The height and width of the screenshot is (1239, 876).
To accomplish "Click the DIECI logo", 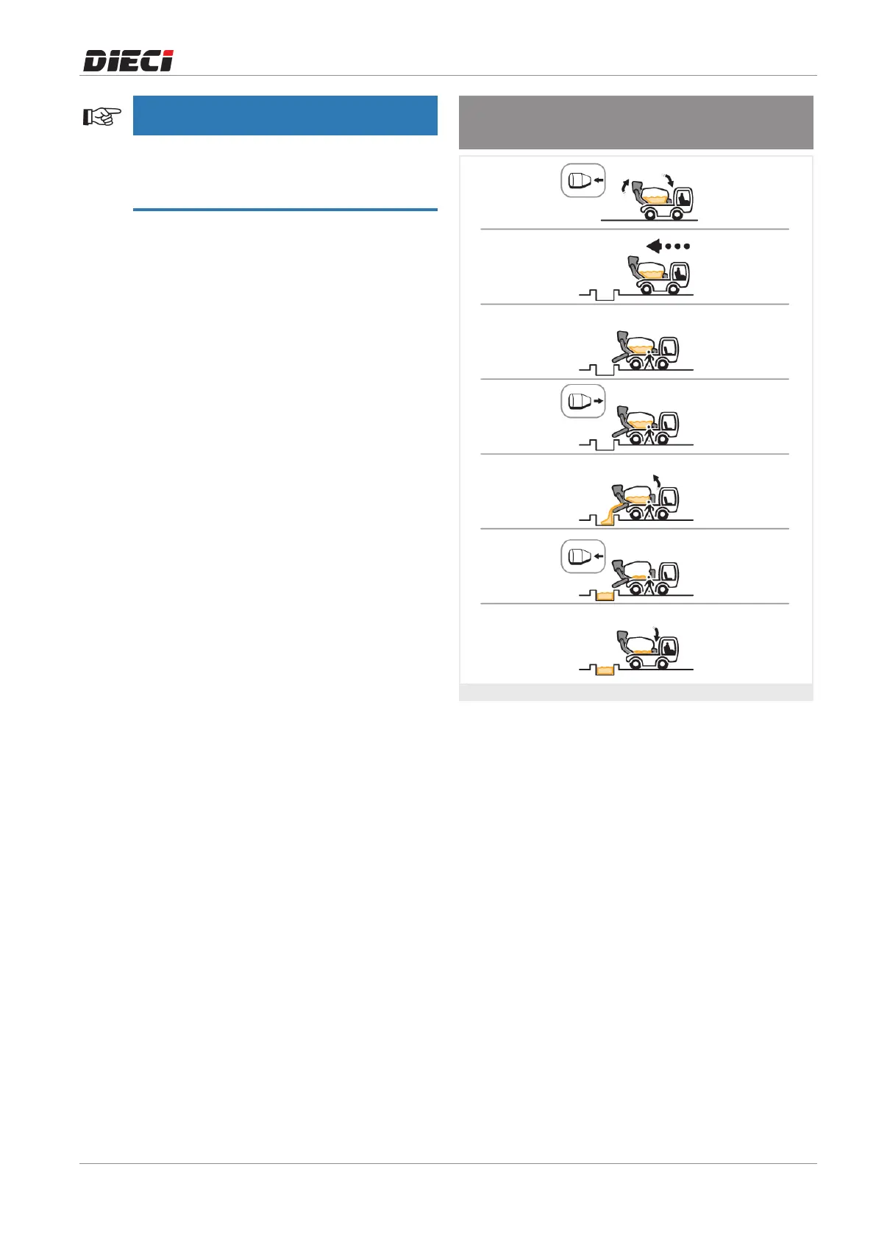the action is click(x=128, y=60).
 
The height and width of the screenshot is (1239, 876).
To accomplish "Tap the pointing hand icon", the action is click(x=102, y=116).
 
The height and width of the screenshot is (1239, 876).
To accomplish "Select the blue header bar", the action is click(x=285, y=116).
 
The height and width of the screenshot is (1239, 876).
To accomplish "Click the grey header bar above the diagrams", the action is click(x=635, y=122).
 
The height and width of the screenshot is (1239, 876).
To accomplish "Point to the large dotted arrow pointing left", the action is click(x=667, y=246).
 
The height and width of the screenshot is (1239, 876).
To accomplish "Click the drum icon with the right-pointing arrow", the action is click(x=583, y=402).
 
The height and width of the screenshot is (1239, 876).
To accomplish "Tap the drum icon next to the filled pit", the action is click(x=583, y=556).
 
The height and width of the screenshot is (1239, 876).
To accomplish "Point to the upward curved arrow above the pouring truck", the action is click(x=658, y=479).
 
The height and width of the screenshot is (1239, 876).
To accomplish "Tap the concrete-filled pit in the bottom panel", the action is click(x=605, y=670).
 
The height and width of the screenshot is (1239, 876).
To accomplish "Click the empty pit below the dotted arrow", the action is click(x=605, y=297).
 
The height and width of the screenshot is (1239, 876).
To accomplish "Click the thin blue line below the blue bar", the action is click(x=285, y=210).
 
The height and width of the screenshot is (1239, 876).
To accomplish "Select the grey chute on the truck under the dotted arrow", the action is click(x=633, y=265).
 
